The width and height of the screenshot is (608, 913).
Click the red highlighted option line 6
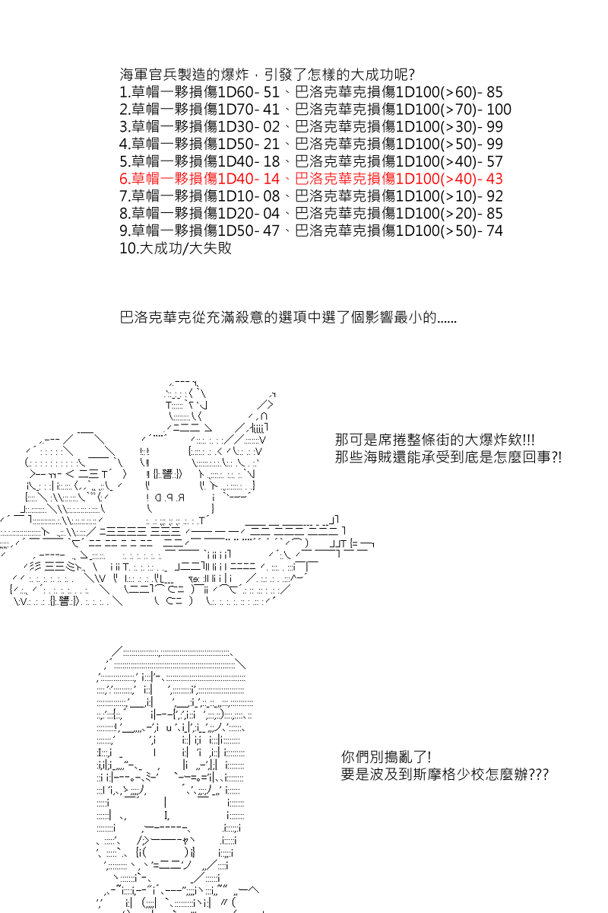coord(312,179)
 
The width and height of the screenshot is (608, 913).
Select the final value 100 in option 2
coord(499,110)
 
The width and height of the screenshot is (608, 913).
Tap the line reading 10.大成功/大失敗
coord(176,248)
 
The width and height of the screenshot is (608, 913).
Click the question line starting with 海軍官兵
coord(268,75)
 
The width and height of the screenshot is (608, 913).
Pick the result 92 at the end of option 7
coord(494,196)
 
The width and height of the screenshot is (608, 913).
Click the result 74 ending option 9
coord(494,231)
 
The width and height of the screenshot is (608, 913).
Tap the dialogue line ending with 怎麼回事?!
coord(448,458)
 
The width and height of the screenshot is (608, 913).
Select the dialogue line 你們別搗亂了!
coord(386,757)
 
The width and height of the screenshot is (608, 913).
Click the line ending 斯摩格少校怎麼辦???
coord(445,775)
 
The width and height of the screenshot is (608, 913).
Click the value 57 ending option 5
coord(494,161)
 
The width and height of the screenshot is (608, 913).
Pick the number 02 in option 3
coord(271,127)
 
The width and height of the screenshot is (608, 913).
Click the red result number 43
coord(494,179)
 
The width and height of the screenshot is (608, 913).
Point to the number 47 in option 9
coord(271,231)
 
